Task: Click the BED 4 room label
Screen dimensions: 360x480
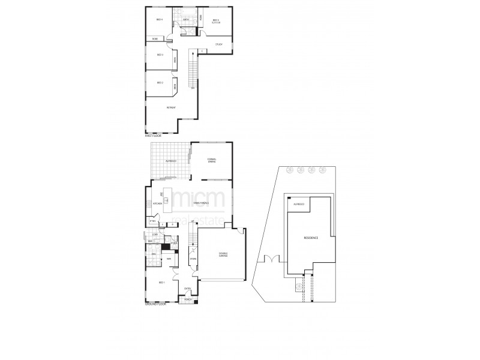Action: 160,20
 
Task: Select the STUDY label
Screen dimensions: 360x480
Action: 218,44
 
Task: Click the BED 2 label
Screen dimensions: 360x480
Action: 160,83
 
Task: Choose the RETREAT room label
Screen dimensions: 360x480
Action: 170,108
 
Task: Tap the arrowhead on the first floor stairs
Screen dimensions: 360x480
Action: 193,53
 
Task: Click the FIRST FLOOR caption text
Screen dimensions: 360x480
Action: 154,136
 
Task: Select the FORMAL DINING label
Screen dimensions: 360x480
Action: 212,160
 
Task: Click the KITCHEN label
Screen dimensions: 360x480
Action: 158,204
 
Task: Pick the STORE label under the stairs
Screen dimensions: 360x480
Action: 193,259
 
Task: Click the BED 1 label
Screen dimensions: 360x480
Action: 161,283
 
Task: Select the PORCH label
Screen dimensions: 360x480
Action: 188,298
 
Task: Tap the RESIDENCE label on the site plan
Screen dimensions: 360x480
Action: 310,238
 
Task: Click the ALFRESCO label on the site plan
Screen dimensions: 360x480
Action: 298,205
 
